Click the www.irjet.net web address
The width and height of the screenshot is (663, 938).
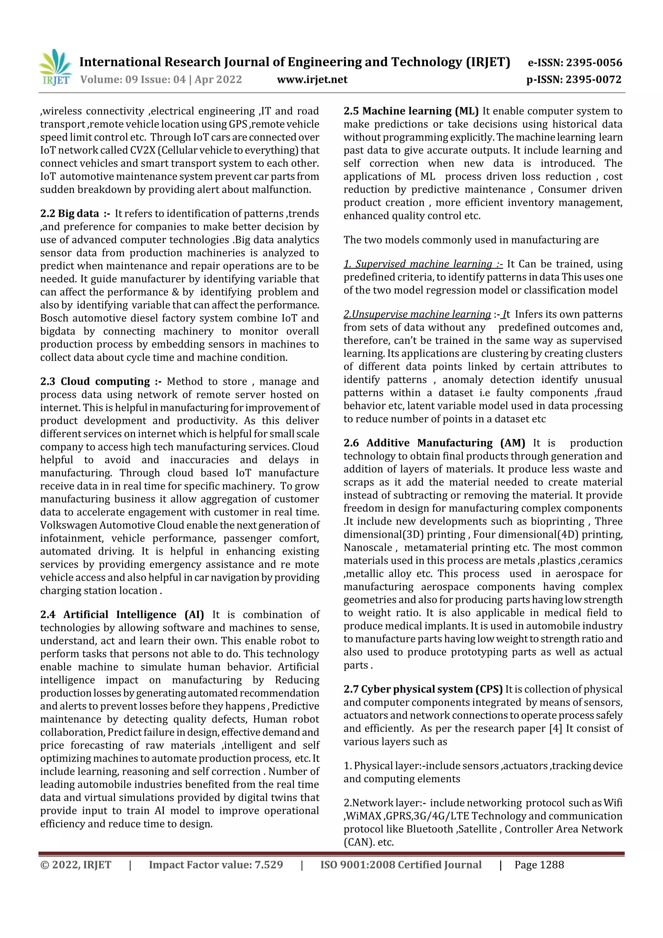tap(312, 79)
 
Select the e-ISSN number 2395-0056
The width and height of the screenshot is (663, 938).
tap(593, 62)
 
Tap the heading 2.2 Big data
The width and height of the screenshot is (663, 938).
tap(70, 214)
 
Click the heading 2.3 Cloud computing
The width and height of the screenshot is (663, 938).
tap(95, 381)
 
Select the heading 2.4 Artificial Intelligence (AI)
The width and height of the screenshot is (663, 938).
tap(122, 615)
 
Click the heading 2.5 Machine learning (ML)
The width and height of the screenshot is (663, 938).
tap(410, 111)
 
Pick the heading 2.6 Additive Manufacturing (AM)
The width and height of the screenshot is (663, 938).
tap(434, 443)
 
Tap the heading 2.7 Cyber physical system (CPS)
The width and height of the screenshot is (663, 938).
tap(423, 689)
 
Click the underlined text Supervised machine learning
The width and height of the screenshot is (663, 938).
tap(423, 264)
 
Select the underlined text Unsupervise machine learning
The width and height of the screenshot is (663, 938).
tap(417, 314)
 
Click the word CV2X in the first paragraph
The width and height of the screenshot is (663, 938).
tap(142, 150)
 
